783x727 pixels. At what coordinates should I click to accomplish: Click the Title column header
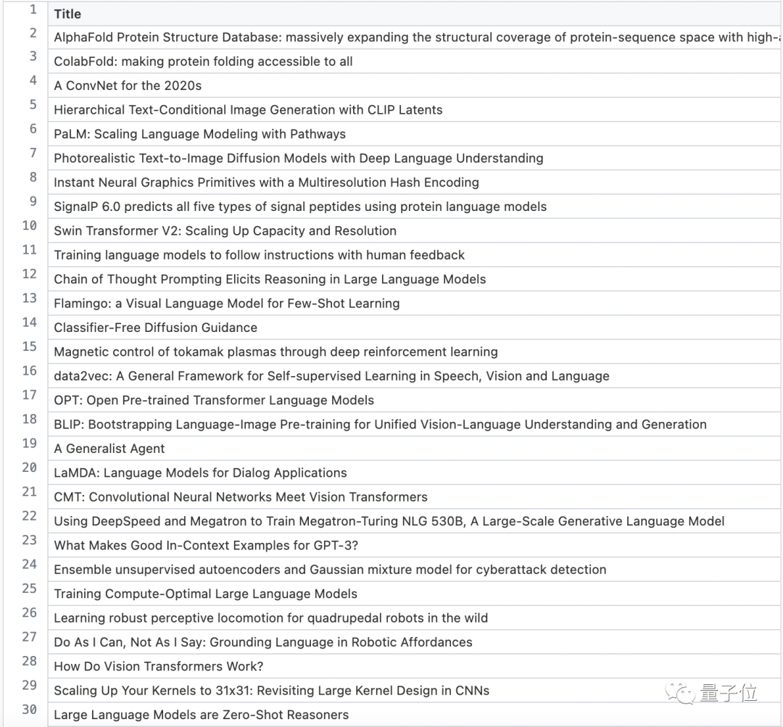click(67, 14)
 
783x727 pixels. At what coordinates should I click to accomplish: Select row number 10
click(30, 225)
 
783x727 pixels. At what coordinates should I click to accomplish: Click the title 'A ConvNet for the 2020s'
click(128, 86)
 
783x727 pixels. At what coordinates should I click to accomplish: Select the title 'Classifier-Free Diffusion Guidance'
click(155, 328)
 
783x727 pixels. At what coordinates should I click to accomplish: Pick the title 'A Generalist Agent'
click(109, 449)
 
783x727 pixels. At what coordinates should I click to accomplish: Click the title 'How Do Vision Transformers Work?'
click(158, 666)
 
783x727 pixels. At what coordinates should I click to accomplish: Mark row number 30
click(30, 710)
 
